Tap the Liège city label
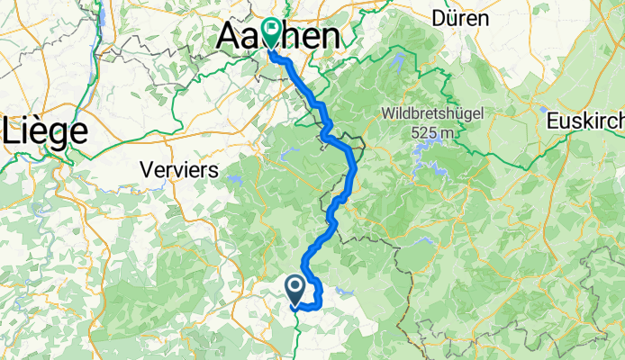(47, 130)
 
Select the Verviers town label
(180, 168)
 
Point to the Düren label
(460, 17)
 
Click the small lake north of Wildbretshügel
(398, 62)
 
